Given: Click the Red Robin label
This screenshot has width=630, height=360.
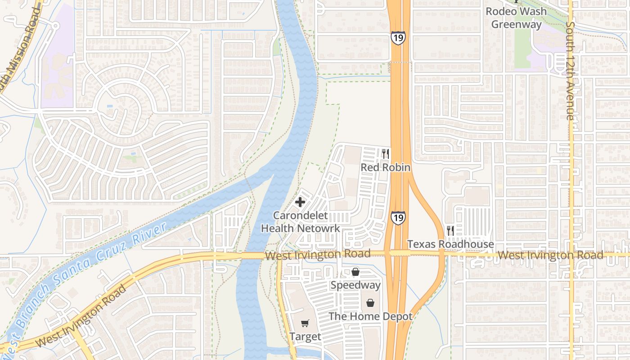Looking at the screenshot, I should point(386,167).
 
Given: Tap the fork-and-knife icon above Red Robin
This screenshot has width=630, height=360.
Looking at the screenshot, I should point(386,154).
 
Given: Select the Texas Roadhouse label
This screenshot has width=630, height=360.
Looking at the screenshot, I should point(450,244).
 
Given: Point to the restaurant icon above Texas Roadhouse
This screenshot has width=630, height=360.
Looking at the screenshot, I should point(450,231).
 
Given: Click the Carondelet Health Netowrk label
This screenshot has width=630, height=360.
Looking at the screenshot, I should point(301,222).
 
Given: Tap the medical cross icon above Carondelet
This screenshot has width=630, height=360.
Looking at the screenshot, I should point(300,202).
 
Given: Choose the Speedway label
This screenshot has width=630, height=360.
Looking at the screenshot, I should point(355,285).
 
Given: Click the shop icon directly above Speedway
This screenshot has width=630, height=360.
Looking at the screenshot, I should point(355,272).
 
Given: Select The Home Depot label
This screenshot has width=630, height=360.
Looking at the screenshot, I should point(370,316).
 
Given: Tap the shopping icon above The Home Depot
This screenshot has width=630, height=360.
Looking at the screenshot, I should point(370,303).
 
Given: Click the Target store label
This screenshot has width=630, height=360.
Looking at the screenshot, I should point(305,337).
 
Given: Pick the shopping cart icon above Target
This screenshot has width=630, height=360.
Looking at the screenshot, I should point(305,323).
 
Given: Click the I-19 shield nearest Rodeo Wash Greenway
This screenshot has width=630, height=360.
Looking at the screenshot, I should point(398,38).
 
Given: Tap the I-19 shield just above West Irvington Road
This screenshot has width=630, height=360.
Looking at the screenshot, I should point(398,218).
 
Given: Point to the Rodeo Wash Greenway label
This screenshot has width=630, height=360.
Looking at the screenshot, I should point(516,18).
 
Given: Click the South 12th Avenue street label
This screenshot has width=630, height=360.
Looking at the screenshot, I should point(570,71).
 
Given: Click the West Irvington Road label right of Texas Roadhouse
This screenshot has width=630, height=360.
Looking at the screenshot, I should point(550,255).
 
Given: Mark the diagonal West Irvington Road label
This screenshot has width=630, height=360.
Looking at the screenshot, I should point(81,316).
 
